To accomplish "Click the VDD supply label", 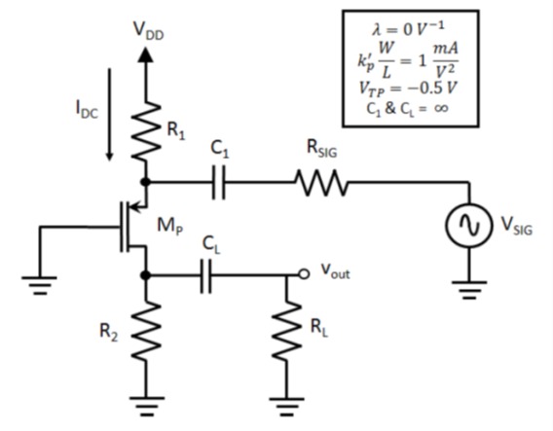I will pos(149,31).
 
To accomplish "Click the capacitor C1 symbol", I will pos(219,182).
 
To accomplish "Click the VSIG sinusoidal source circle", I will pos(467,225).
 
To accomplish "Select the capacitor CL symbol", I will pos(206,275).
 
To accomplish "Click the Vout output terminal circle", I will pos(303,275).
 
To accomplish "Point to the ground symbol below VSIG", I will pos(467,289).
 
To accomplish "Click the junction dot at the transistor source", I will pos(146,182).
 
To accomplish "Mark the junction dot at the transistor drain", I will pos(146,275).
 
